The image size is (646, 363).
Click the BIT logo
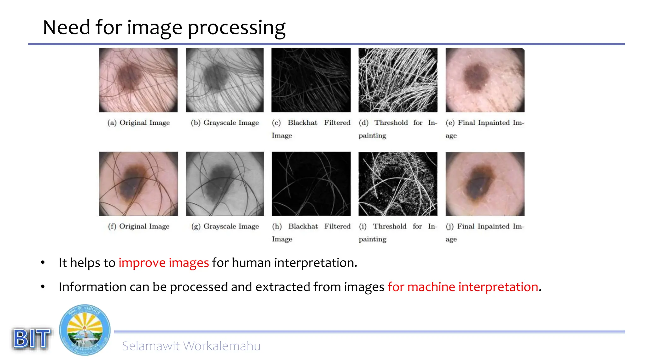pyautogui.click(x=32, y=338)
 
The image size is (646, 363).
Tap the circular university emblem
pyautogui.click(x=85, y=330)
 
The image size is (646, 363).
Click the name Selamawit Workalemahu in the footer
pyautogui.click(x=191, y=346)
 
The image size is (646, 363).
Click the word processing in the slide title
pyautogui.click(x=237, y=28)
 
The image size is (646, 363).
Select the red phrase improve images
pyautogui.click(x=163, y=262)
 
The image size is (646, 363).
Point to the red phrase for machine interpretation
pyautogui.click(x=463, y=287)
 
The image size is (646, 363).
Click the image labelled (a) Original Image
pyautogui.click(x=138, y=80)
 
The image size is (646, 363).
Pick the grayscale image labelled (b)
pyautogui.click(x=225, y=80)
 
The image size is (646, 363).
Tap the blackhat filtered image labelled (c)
pyautogui.click(x=311, y=80)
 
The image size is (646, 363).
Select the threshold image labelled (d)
pyautogui.click(x=398, y=80)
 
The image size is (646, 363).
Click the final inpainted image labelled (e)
pyautogui.click(x=485, y=80)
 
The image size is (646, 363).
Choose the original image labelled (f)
pyautogui.click(x=138, y=184)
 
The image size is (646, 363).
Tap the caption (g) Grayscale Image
pyautogui.click(x=225, y=226)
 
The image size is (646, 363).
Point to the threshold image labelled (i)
pyautogui.click(x=398, y=184)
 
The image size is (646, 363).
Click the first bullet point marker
pyautogui.click(x=43, y=262)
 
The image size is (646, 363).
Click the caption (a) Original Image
pyautogui.click(x=138, y=123)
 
